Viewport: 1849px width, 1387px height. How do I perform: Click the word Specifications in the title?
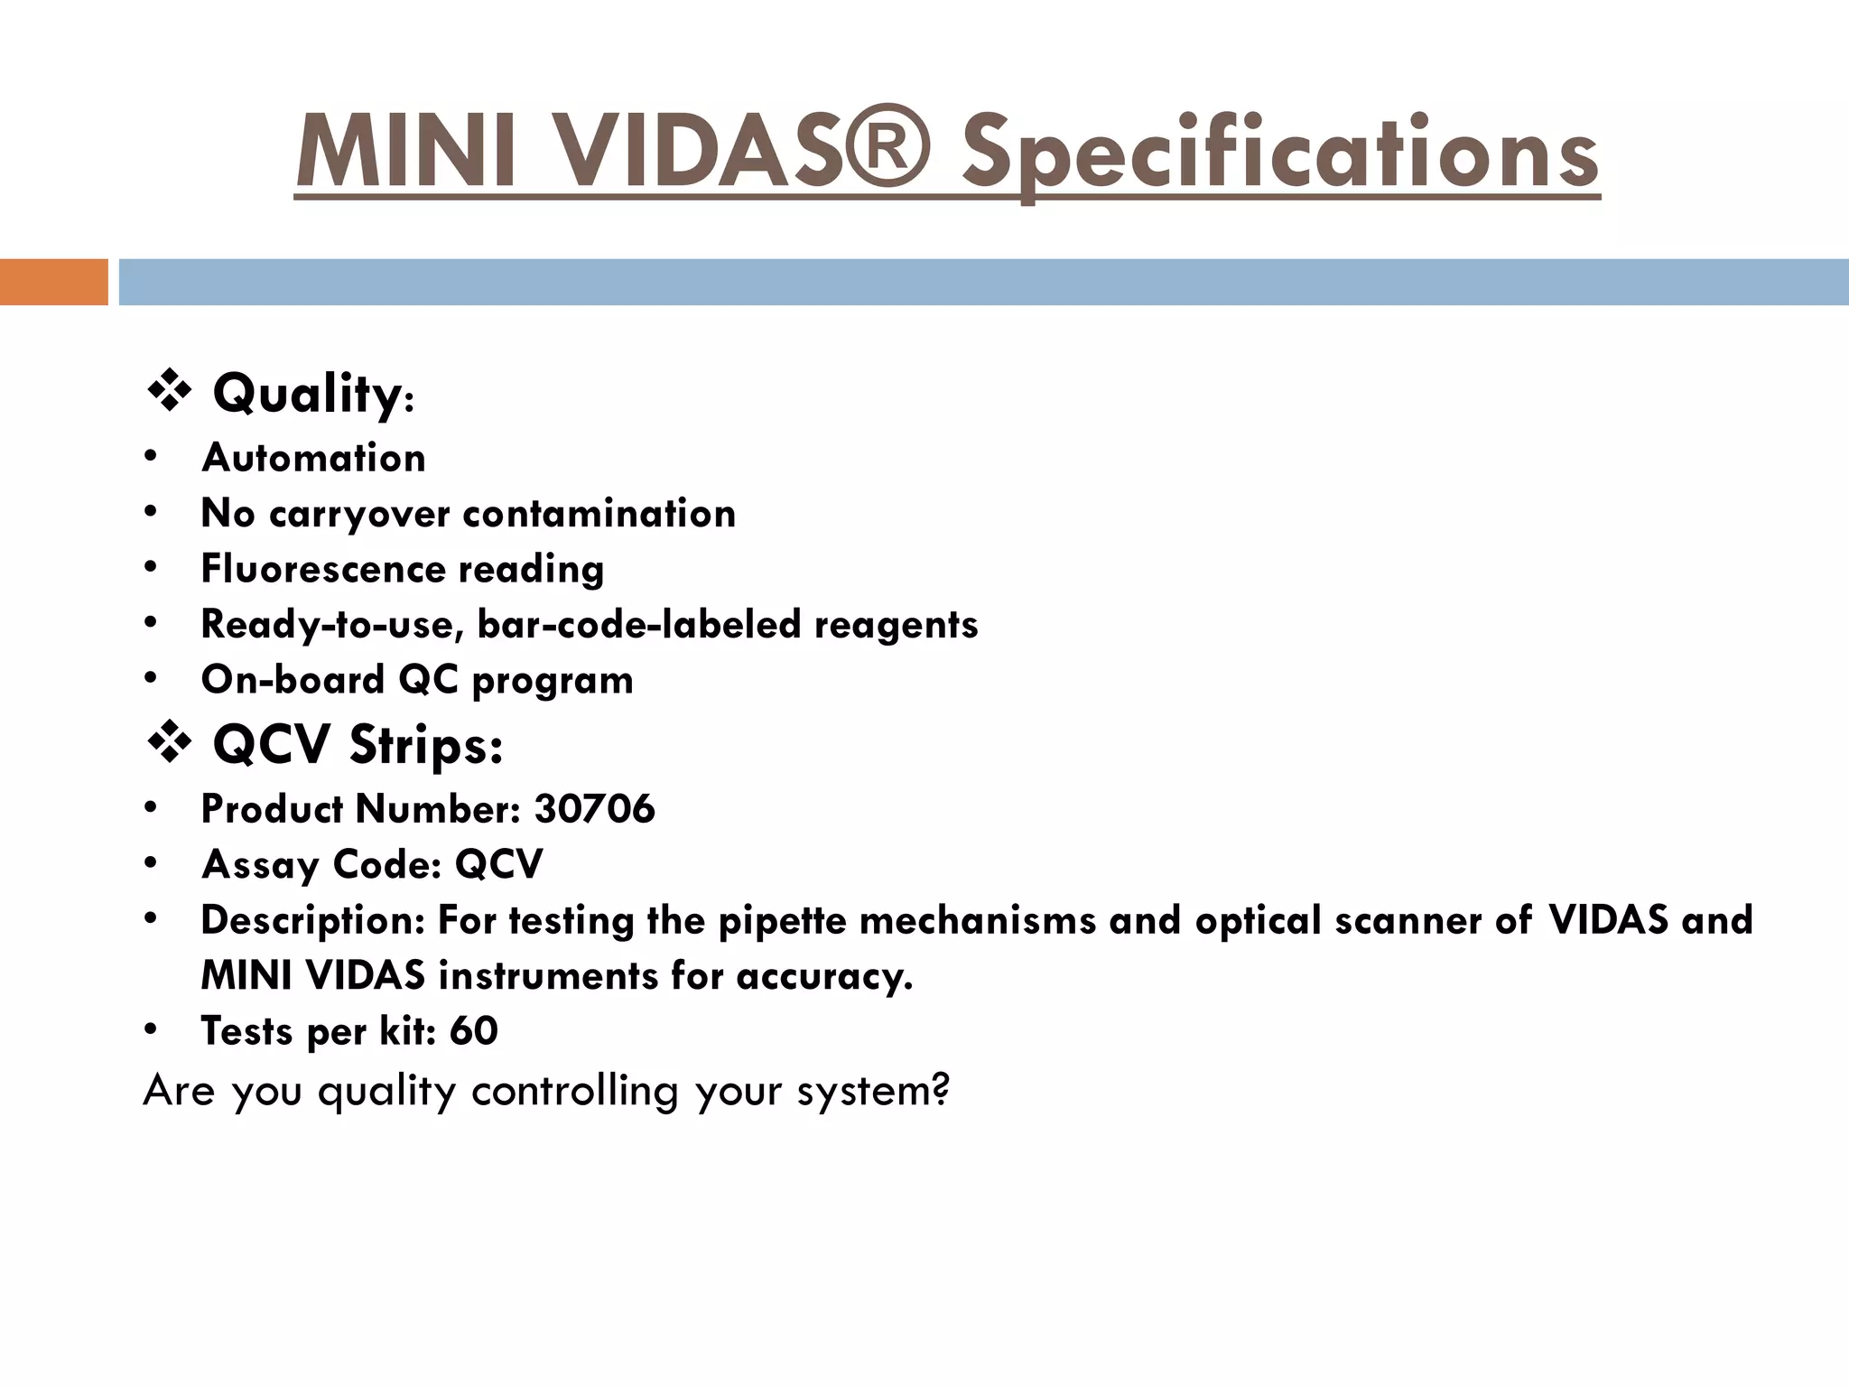[1279, 154]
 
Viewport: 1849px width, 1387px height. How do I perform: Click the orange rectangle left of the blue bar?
[53, 282]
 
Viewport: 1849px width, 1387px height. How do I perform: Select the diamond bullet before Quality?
[168, 393]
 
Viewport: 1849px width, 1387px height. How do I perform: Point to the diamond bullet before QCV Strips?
[168, 745]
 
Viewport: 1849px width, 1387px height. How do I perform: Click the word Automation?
[313, 458]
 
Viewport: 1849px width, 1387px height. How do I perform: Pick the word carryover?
[358, 515]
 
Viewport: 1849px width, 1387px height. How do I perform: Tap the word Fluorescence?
[322, 569]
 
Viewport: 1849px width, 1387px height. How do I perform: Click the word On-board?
[293, 680]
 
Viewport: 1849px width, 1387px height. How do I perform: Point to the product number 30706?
[594, 808]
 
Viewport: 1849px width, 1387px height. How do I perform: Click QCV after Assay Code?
[498, 864]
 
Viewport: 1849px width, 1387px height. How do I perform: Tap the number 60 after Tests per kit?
[473, 1031]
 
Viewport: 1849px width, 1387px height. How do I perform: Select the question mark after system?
[941, 1089]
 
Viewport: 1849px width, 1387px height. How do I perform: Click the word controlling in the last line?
[574, 1091]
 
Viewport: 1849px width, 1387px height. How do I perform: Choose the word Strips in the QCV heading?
[425, 746]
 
